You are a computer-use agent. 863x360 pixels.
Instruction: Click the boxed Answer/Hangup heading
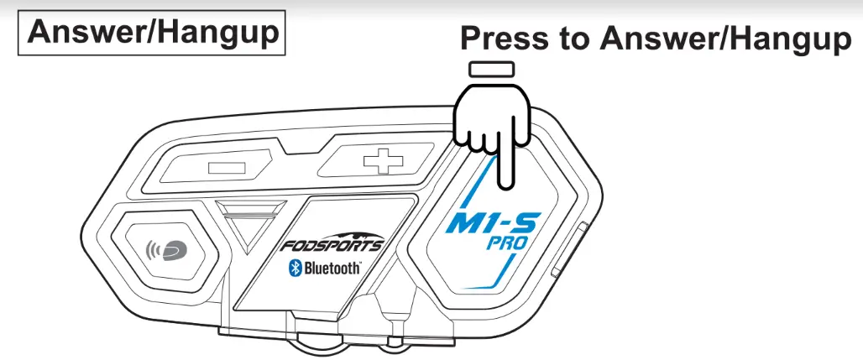click(x=154, y=34)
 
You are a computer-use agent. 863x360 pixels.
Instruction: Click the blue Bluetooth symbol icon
click(x=295, y=268)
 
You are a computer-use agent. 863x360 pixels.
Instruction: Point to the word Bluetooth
click(x=333, y=269)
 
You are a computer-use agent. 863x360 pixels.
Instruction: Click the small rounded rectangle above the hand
click(x=492, y=69)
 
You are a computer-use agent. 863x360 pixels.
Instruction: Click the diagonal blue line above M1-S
click(x=480, y=180)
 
